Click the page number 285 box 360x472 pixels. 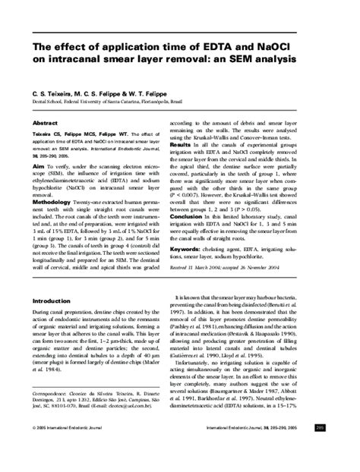[x=342, y=449]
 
